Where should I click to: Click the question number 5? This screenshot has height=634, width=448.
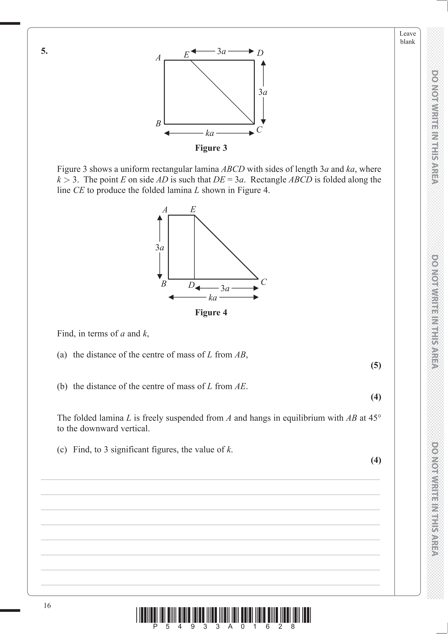click(44, 51)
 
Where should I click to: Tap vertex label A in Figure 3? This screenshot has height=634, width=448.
click(158, 58)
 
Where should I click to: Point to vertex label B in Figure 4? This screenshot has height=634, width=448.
click(164, 284)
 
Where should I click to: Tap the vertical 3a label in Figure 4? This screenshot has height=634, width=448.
click(160, 247)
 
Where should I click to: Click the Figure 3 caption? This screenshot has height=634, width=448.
click(211, 148)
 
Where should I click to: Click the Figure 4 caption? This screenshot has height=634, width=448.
click(211, 313)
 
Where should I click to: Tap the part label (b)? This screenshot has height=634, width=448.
click(62, 386)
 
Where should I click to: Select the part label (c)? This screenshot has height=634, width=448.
click(62, 450)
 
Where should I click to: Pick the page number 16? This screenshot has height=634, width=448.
click(47, 606)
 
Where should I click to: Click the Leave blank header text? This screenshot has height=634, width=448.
click(407, 38)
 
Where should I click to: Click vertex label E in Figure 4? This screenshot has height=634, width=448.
click(193, 210)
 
